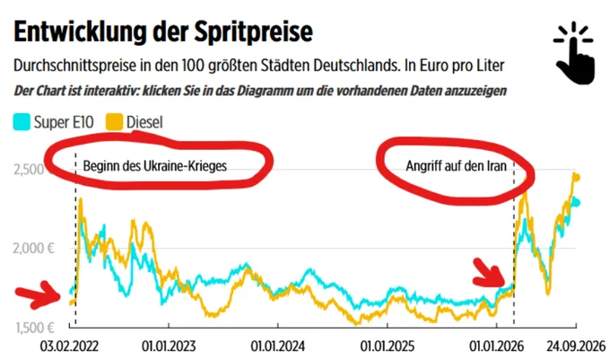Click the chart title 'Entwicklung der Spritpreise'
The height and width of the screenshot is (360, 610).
[163, 32]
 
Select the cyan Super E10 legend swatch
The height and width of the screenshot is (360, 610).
[22, 122]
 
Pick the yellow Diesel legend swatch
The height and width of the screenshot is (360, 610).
[114, 122]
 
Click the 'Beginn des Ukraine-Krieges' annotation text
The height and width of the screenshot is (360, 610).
[155, 166]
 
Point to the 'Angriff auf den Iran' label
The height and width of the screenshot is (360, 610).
[456, 166]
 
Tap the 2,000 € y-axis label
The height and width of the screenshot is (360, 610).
[33, 249]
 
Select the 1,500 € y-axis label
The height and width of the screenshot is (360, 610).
[35, 328]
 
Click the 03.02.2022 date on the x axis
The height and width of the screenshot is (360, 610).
[69, 347]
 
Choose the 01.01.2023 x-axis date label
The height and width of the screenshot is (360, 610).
[169, 347]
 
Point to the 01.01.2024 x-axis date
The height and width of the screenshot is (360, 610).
[278, 347]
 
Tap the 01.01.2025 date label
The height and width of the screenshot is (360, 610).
[388, 347]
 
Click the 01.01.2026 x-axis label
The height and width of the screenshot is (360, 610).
[496, 347]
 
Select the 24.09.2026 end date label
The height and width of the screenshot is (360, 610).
[576, 347]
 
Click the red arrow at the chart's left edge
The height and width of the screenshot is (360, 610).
[39, 295]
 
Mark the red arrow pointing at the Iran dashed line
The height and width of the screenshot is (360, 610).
[491, 272]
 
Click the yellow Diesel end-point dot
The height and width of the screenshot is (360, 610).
[577, 178]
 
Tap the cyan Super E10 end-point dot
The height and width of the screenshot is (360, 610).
[576, 203]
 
